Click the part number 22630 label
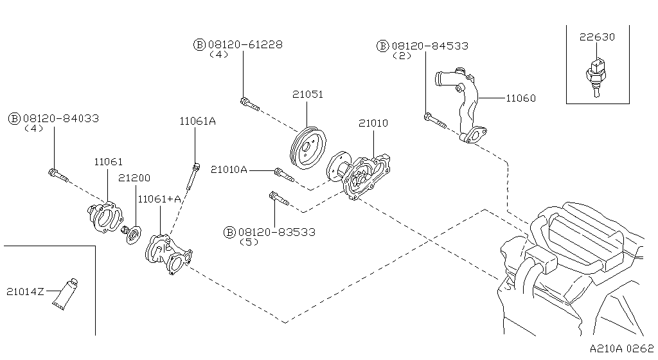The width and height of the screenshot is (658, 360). [597, 37]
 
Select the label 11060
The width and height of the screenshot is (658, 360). [520, 98]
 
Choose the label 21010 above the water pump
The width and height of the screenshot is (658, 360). [373, 123]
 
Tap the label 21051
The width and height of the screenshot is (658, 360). [307, 94]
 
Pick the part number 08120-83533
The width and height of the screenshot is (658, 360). [276, 232]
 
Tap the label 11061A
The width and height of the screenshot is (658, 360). [197, 120]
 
